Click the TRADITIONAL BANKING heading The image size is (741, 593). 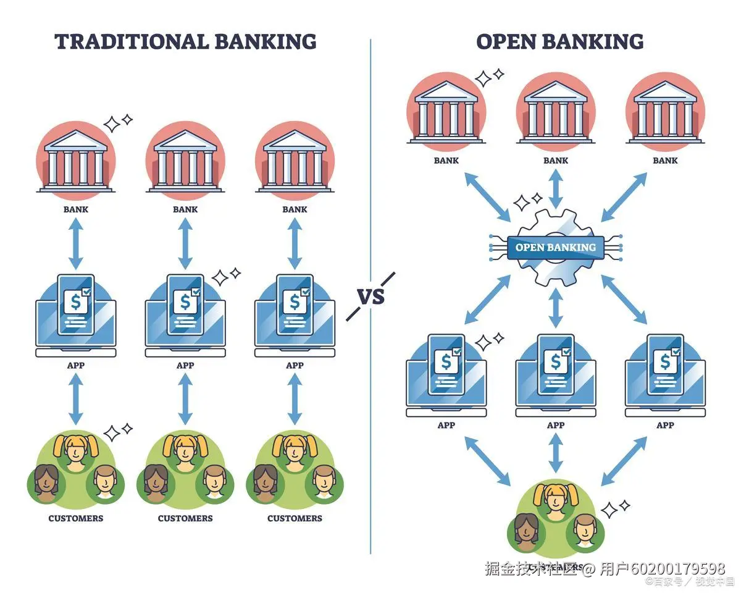tap(185, 41)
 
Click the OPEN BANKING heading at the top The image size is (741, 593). tap(559, 41)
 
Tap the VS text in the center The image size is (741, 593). tap(371, 296)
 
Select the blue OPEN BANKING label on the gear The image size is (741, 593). tap(555, 247)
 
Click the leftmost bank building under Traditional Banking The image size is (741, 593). tap(75, 161)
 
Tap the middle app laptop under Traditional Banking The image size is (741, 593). tap(185, 315)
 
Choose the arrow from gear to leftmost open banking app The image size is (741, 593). tap(487, 300)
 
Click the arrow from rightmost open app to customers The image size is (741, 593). tap(624, 461)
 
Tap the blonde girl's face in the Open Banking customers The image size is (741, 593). tap(556, 499)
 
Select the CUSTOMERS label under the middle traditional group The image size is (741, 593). tap(185, 518)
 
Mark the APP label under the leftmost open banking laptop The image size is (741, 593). tap(446, 425)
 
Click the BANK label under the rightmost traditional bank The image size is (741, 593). tap(295, 209)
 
